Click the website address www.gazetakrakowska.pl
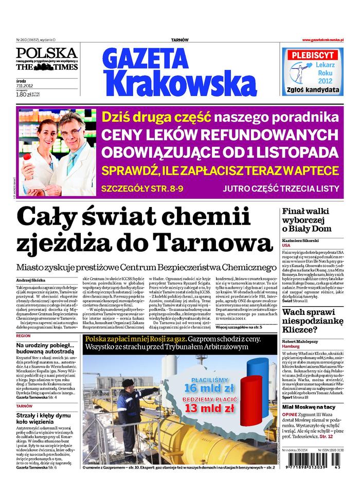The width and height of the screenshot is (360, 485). (322, 40)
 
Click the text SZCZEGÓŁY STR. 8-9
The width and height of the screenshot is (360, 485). (141, 187)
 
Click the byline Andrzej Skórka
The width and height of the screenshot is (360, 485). (30, 279)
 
